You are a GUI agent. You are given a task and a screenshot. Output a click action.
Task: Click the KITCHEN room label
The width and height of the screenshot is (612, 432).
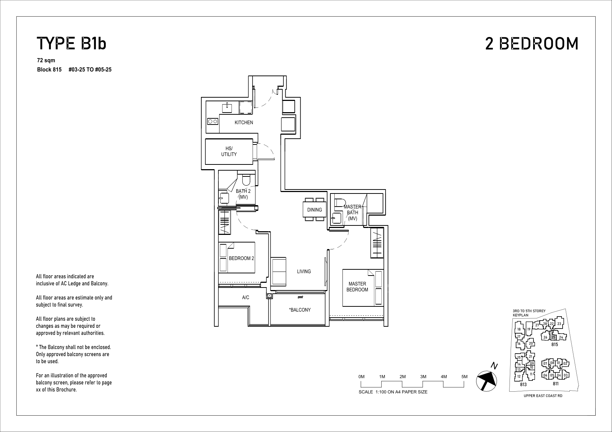click(244, 123)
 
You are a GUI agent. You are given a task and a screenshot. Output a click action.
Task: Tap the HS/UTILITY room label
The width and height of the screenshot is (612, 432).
click(229, 151)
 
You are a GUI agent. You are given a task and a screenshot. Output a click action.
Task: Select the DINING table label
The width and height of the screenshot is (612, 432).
click(314, 210)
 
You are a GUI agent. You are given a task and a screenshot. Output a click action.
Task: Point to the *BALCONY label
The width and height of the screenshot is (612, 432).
click(300, 310)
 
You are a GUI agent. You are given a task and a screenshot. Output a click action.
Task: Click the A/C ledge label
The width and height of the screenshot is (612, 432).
click(245, 297)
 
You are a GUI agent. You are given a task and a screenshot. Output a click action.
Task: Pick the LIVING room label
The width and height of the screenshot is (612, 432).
click(304, 272)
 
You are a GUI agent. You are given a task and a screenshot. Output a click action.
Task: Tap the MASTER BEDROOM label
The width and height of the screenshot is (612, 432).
click(357, 287)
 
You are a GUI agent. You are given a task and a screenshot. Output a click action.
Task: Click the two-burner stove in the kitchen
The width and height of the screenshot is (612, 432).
click(213, 122)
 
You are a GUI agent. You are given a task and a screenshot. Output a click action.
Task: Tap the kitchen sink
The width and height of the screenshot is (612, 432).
click(227, 107)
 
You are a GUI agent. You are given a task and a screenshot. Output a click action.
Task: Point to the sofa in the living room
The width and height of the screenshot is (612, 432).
click(278, 272)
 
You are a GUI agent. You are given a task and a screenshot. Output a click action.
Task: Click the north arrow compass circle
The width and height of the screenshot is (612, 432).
click(486, 381)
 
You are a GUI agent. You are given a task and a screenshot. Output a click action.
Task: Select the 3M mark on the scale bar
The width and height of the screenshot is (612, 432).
click(423, 376)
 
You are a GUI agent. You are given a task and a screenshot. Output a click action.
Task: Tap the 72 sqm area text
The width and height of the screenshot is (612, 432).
click(46, 60)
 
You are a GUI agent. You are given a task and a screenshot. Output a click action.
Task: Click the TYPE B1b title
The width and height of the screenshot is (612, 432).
click(71, 44)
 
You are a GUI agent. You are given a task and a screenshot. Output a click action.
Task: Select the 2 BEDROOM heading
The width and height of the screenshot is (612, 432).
click(532, 44)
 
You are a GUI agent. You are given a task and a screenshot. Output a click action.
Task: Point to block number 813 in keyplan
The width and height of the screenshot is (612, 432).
click(523, 384)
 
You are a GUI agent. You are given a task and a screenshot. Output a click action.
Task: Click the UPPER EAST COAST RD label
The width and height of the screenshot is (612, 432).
click(543, 396)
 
